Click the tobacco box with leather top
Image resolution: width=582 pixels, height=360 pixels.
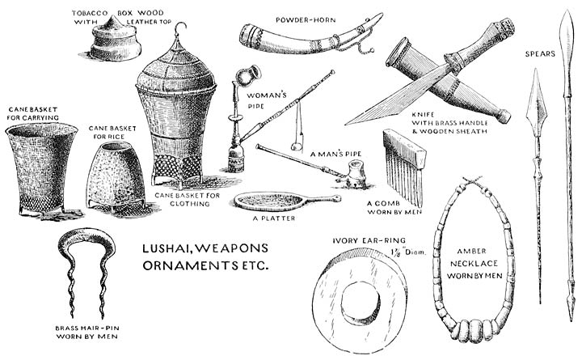(116, 43)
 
